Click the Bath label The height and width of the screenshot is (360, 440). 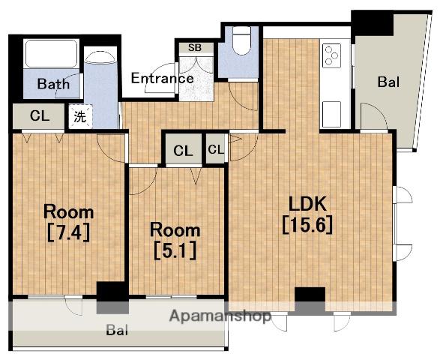(53, 84)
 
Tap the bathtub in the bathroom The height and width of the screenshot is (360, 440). (52, 53)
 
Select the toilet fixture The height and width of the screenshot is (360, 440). (241, 41)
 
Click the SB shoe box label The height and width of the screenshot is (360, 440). (195, 48)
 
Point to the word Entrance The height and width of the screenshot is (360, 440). (163, 78)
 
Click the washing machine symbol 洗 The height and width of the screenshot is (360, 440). (80, 116)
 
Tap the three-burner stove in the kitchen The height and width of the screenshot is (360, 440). (331, 55)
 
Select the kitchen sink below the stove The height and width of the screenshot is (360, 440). (331, 114)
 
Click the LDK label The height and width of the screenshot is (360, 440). (307, 204)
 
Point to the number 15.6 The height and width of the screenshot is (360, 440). (307, 224)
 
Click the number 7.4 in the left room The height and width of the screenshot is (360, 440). (68, 232)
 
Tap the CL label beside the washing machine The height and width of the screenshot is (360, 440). (40, 115)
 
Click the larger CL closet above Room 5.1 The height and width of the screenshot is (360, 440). (183, 151)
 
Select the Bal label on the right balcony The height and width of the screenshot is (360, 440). (388, 82)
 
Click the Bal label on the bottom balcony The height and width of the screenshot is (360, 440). (117, 330)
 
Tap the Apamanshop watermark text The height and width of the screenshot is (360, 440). (220, 316)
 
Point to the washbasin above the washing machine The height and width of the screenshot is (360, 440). (100, 58)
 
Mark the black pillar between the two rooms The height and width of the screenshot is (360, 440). (112, 297)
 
